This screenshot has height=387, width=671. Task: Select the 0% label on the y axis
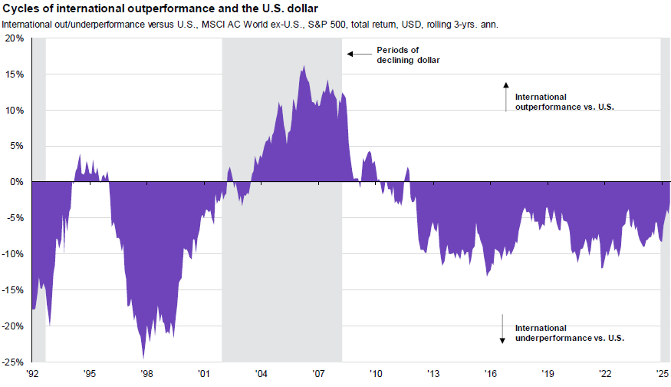[18, 182]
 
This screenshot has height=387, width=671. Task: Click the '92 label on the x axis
[32, 373]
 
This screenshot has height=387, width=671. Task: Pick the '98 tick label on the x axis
[146, 373]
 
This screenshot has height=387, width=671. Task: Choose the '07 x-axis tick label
[318, 373]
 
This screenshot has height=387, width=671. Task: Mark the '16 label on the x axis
[490, 373]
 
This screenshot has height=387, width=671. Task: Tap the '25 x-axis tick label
[662, 373]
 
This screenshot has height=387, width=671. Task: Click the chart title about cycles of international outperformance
[171, 9]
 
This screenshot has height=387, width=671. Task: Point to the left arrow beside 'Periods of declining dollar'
[355, 54]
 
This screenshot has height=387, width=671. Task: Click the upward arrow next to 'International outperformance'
[505, 96]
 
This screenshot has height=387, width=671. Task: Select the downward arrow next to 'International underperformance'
[502, 328]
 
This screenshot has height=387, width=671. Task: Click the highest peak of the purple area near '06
[304, 67]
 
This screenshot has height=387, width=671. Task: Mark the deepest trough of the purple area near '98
[143, 356]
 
